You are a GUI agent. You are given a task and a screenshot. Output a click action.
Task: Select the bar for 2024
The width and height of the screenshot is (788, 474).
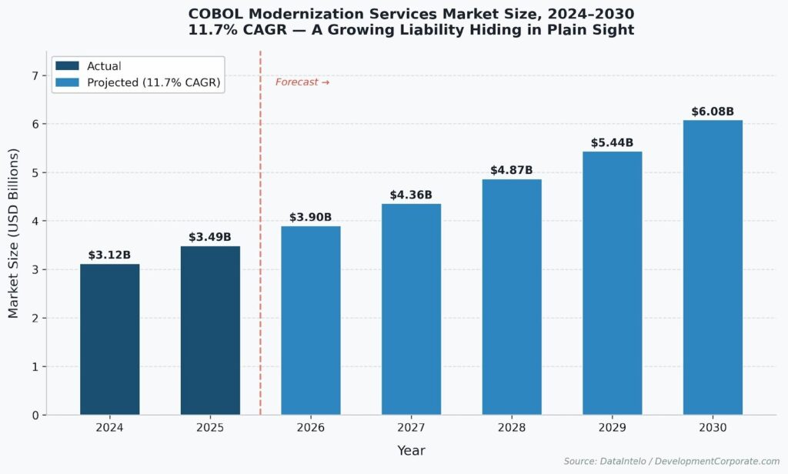110,339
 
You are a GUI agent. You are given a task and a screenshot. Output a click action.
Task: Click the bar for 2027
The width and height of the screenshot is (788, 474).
411,309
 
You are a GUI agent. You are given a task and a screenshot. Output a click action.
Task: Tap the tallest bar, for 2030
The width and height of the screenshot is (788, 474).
713,268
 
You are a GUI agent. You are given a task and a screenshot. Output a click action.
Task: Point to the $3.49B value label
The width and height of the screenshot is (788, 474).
210,237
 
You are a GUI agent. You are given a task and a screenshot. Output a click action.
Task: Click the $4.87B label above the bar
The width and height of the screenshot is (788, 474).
512,170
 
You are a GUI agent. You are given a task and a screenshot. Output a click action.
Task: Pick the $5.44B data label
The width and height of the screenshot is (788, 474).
612,142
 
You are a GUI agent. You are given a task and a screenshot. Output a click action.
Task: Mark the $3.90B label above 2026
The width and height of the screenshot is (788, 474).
311,218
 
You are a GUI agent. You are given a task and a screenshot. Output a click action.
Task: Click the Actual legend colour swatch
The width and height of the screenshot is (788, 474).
67,67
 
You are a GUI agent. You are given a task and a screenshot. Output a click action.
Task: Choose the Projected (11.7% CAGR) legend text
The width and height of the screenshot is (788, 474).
153,83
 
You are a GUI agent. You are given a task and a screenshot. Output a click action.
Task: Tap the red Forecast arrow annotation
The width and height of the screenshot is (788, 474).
302,82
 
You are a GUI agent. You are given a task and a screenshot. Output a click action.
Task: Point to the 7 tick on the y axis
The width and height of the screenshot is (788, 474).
35,75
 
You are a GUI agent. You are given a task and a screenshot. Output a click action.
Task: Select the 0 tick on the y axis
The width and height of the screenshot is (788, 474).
35,416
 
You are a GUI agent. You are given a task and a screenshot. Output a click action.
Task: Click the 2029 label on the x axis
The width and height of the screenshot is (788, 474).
612,428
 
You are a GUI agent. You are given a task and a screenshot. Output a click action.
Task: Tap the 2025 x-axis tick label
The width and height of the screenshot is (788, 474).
210,428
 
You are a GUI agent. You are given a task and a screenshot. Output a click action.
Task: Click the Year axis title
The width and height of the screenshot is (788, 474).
411,451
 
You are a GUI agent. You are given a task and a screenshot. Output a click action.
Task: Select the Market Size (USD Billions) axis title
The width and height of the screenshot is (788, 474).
14,232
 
